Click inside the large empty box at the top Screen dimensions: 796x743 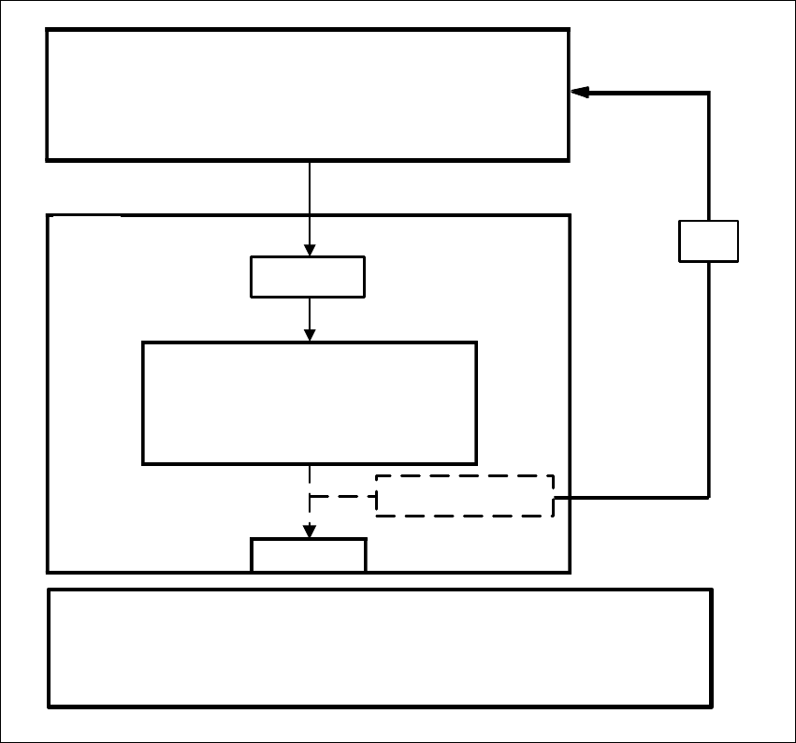(308, 95)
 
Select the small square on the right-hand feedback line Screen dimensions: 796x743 (708, 241)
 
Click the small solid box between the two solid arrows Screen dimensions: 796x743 (308, 277)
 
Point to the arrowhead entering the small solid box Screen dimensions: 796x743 (310, 250)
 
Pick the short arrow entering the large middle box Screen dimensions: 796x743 (310, 320)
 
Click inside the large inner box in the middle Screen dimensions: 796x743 (309, 402)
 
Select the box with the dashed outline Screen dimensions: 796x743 (465, 496)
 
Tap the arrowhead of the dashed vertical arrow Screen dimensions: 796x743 (310, 531)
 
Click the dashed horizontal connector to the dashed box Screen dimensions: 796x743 (342, 496)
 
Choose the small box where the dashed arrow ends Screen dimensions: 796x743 (309, 555)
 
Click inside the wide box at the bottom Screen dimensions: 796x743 (380, 648)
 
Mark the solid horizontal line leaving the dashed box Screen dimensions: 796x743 (631, 497)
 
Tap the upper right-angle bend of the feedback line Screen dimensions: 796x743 (709, 93)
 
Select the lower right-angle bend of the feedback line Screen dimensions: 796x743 (709, 497)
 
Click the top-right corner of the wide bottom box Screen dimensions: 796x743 (712, 590)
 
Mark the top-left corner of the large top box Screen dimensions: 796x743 (48, 30)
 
